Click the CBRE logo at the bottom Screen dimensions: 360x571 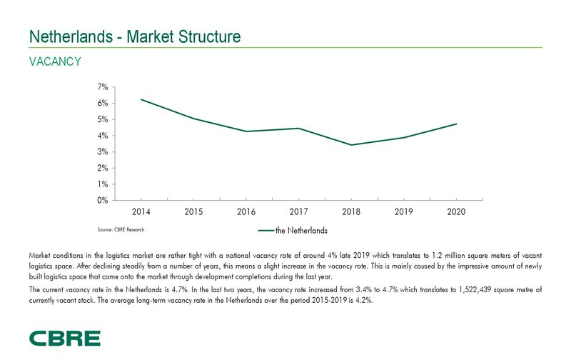pyautogui.click(x=65, y=339)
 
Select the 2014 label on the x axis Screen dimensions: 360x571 pyautogui.click(x=141, y=212)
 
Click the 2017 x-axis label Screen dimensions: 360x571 pyautogui.click(x=298, y=212)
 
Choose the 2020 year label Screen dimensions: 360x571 pyautogui.click(x=456, y=212)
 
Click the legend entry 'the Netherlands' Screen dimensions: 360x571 pyautogui.click(x=293, y=231)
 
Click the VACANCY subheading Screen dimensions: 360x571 pyautogui.click(x=54, y=62)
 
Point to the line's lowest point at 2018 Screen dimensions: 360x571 pyautogui.click(x=351, y=145)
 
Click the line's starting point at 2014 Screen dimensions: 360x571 pyautogui.click(x=141, y=99)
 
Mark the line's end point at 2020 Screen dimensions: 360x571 pyautogui.click(x=456, y=124)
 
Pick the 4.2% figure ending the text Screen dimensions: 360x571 pyautogui.click(x=360, y=300)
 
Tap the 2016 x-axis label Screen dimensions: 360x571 pyautogui.click(x=246, y=212)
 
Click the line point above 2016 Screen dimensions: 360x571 pyautogui.click(x=246, y=131)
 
